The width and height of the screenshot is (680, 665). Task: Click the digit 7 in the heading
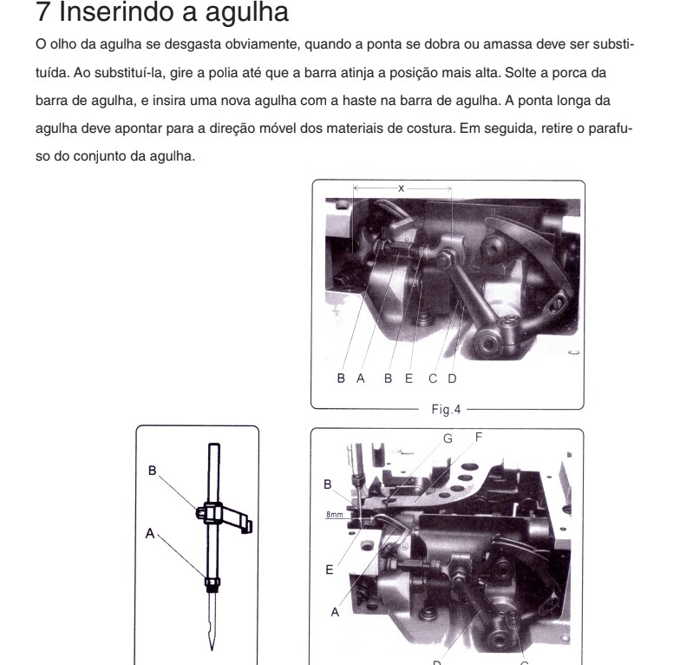click(42, 12)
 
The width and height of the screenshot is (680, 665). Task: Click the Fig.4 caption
click(446, 410)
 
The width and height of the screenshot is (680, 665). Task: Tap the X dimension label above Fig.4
click(401, 188)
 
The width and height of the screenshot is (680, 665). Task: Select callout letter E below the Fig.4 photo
click(409, 379)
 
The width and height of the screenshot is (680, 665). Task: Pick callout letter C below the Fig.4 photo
click(432, 379)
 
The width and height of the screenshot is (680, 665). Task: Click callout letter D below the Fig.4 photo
click(452, 379)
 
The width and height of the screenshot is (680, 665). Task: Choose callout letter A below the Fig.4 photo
click(361, 379)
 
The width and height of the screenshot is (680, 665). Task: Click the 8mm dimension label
click(335, 515)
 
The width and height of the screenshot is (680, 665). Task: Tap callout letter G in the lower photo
click(448, 439)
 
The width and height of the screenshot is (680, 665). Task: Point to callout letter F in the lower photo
click(479, 438)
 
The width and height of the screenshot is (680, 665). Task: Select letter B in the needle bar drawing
click(153, 471)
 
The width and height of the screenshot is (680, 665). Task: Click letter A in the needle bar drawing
click(150, 533)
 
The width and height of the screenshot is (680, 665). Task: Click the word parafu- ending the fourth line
click(611, 128)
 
